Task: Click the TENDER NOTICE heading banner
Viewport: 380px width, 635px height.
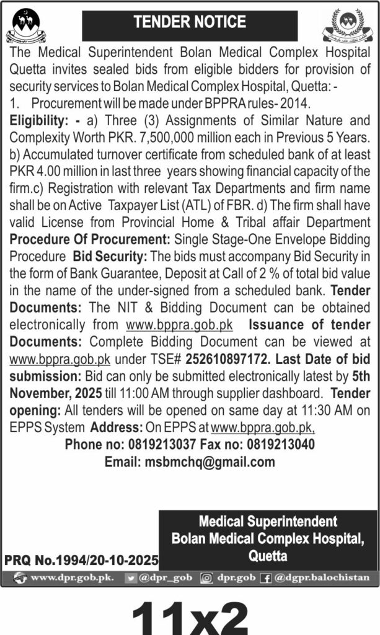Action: point(190,22)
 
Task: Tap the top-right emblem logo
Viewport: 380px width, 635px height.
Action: point(351,25)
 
